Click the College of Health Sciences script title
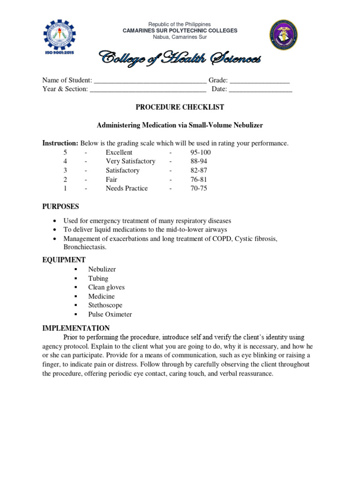pyautogui.click(x=180, y=59)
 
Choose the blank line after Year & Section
pyautogui.click(x=148, y=90)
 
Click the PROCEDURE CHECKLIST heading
pyautogui.click(x=180, y=107)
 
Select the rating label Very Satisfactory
pyautogui.click(x=130, y=161)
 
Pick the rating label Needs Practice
pyautogui.click(x=127, y=188)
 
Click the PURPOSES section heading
pyautogui.click(x=61, y=207)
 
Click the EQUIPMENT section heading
pyautogui.click(x=64, y=260)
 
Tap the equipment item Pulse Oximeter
pyautogui.click(x=110, y=315)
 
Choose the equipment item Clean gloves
pyautogui.click(x=106, y=287)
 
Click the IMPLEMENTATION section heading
pyautogui.click(x=76, y=328)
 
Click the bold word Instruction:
pyautogui.click(x=60, y=143)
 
